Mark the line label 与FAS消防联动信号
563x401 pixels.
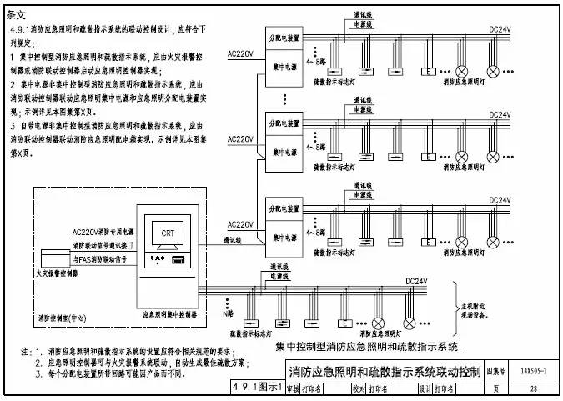coord(100,259)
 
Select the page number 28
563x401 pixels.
coord(533,388)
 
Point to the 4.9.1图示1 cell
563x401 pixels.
coord(254,388)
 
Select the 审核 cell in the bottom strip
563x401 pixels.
coord(292,388)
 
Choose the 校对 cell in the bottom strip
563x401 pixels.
coord(358,388)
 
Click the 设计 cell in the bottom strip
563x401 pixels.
coord(424,388)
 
